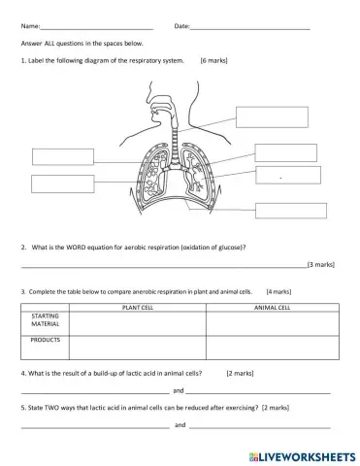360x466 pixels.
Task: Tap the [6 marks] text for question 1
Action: pyautogui.click(x=213, y=60)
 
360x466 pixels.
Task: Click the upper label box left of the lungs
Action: pyautogui.click(x=62, y=156)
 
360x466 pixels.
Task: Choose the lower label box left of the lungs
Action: pyautogui.click(x=62, y=183)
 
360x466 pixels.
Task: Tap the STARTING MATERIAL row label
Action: pyautogui.click(x=46, y=320)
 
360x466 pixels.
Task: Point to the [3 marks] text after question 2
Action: pyautogui.click(x=320, y=264)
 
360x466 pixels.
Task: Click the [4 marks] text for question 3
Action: pyautogui.click(x=278, y=290)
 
